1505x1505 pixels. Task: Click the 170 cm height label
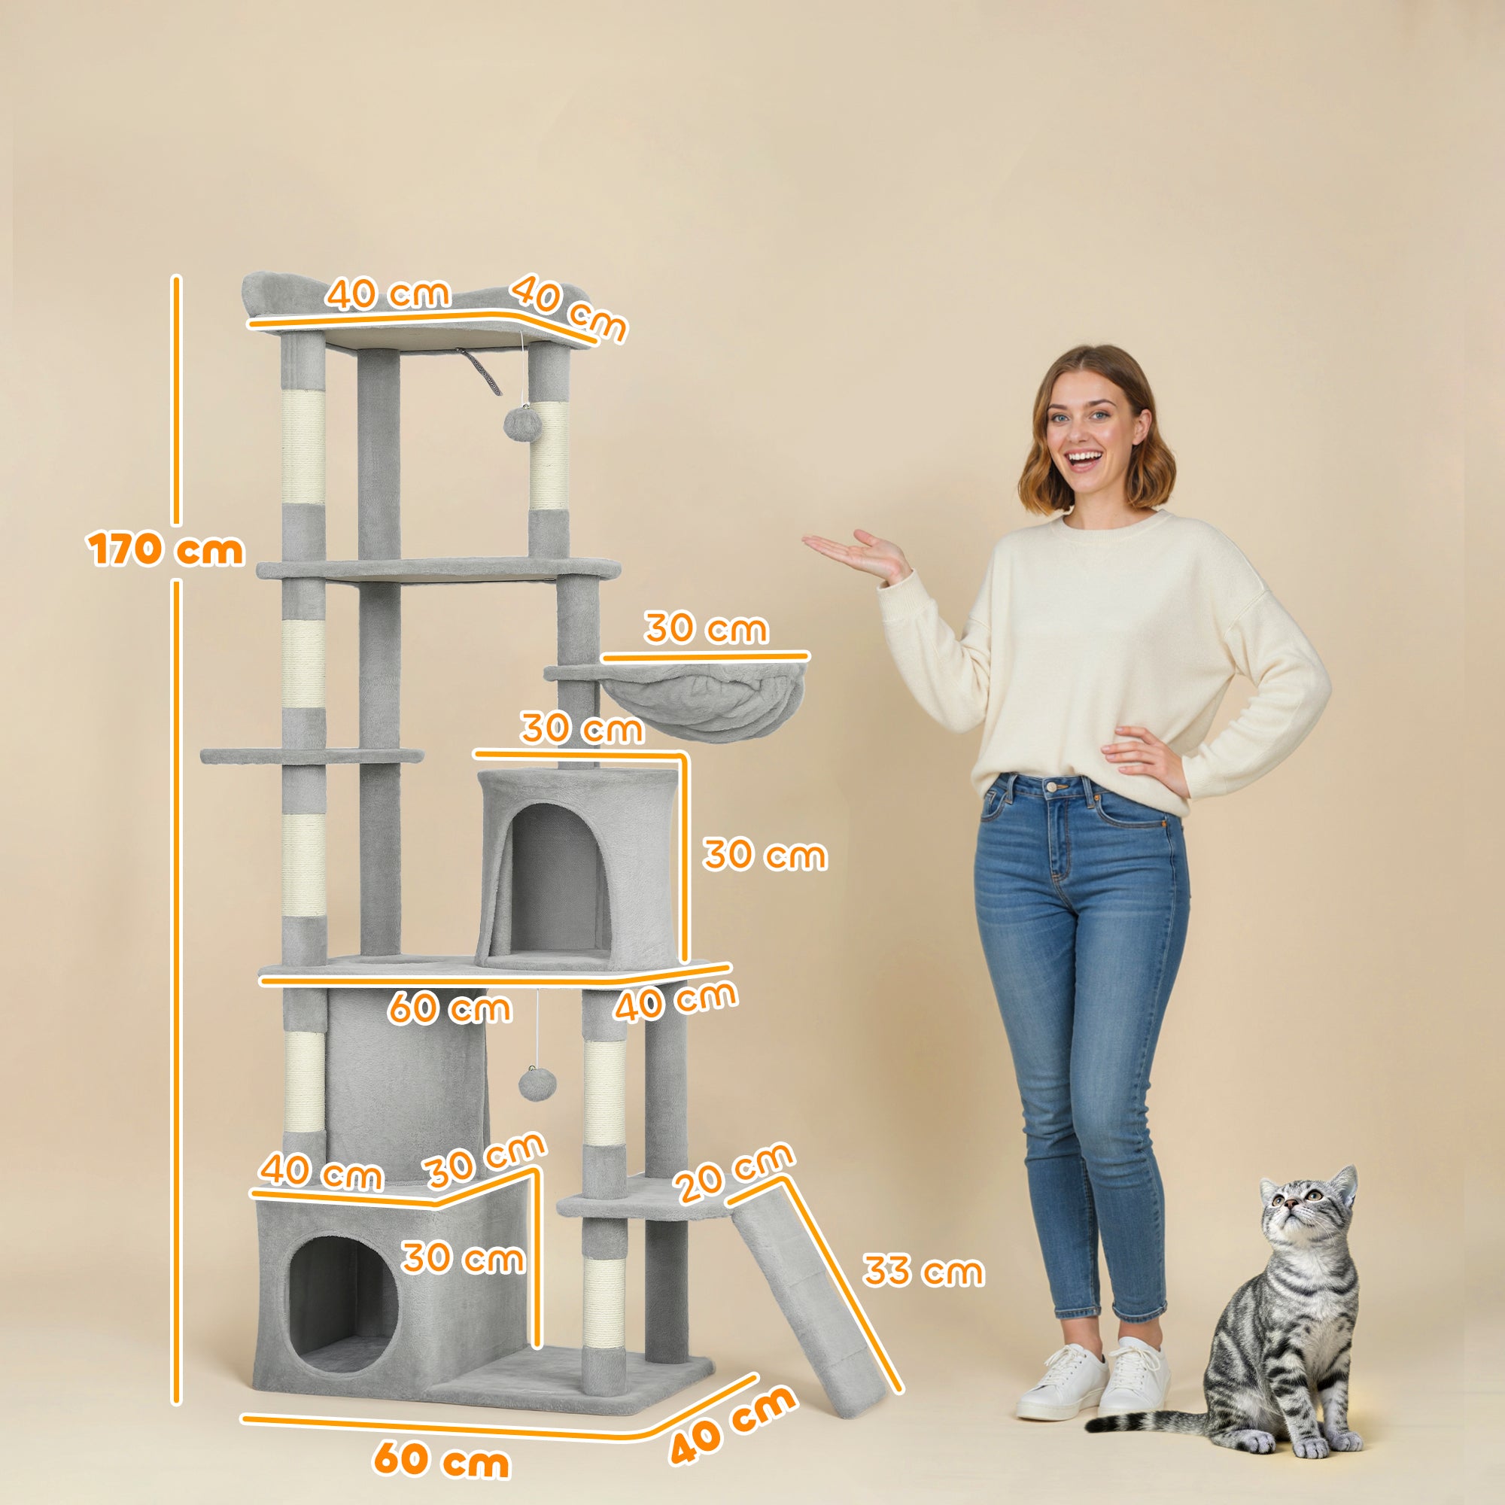point(165,550)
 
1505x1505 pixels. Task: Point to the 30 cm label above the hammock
point(706,628)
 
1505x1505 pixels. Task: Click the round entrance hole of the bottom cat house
point(342,1302)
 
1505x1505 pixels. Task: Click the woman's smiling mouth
point(1084,458)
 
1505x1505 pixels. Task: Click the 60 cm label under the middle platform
point(449,1008)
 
